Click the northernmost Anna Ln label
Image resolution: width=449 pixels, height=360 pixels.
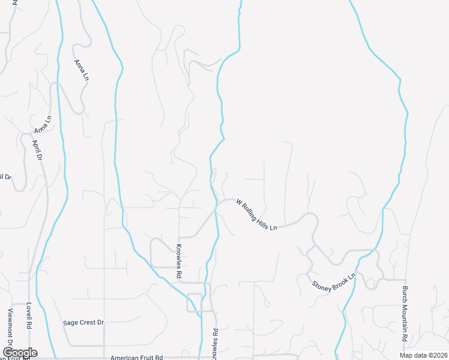coord(81,70)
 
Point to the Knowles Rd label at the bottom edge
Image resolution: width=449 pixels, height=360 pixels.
coord(214,343)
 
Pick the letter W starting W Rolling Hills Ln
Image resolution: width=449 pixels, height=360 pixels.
coord(239,202)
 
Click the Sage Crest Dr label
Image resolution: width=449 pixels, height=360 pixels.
coord(83,322)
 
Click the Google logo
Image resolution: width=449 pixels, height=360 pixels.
coord(20,353)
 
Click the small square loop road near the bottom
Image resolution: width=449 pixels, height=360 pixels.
coord(194,302)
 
